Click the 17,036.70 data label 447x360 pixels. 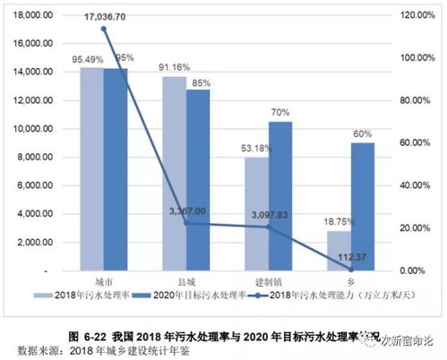coord(106,16)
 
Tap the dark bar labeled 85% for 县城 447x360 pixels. coord(198,179)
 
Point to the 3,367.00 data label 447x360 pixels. coord(187,211)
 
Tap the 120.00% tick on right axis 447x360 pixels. coord(417,15)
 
